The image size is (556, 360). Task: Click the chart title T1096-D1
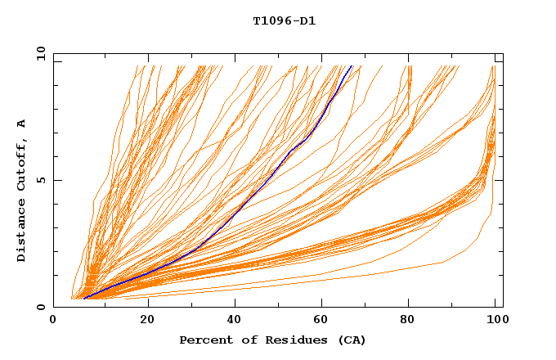point(284,21)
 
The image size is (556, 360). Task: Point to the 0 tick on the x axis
point(54,321)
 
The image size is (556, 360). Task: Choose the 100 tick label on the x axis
point(496,321)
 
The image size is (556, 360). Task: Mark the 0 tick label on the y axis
point(39,307)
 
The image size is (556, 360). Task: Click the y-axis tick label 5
point(39,180)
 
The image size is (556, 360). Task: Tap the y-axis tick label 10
point(39,53)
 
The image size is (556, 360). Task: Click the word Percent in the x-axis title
point(203,340)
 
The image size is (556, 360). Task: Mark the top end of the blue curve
point(352,65)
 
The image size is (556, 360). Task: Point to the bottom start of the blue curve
point(84,299)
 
